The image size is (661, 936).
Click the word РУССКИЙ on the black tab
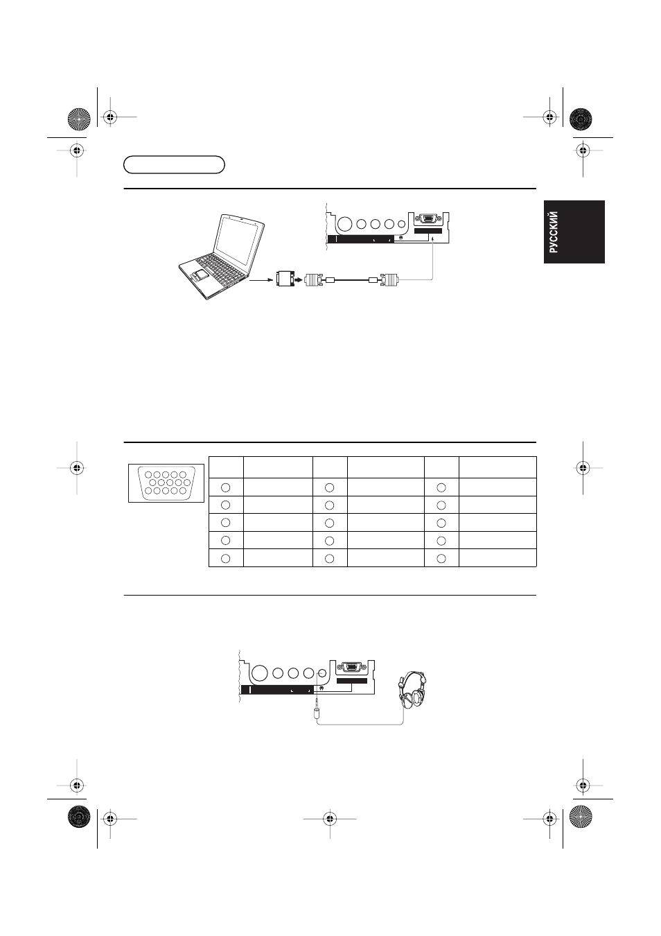[x=554, y=232]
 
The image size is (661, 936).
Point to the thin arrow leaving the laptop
[x=261, y=280]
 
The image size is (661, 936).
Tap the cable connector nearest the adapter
[x=314, y=279]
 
